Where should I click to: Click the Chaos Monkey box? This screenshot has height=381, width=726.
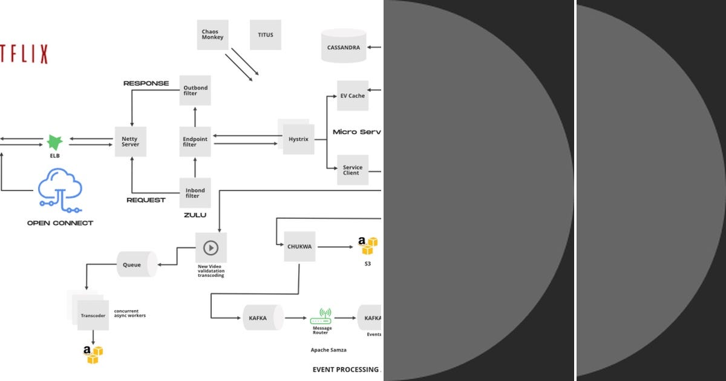[x=212, y=35]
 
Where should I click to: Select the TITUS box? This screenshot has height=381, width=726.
[x=266, y=35]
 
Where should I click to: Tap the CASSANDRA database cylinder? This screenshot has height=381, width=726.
[x=344, y=47]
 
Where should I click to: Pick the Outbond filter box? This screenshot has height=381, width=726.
[x=195, y=91]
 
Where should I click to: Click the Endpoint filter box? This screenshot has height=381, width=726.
[x=195, y=142]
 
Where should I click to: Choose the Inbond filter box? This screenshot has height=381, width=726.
[x=195, y=193]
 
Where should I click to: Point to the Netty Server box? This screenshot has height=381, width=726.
[x=130, y=142]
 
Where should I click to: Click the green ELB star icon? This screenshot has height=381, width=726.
[x=55, y=142]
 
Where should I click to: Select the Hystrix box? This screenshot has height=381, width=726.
[x=298, y=139]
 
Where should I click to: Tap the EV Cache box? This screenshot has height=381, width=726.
[x=353, y=96]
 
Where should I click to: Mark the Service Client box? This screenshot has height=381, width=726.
[x=353, y=170]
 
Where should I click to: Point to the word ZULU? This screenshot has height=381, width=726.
[x=195, y=215]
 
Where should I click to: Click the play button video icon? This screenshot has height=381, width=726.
[x=211, y=247]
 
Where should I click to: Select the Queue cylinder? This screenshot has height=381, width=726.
[x=134, y=265]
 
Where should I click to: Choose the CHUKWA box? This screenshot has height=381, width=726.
[x=299, y=247]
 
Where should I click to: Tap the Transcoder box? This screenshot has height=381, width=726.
[x=93, y=315]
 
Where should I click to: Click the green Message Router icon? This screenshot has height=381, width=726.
[x=321, y=316]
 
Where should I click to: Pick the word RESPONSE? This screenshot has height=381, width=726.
[x=146, y=83]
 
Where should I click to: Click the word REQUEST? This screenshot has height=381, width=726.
[x=146, y=200]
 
